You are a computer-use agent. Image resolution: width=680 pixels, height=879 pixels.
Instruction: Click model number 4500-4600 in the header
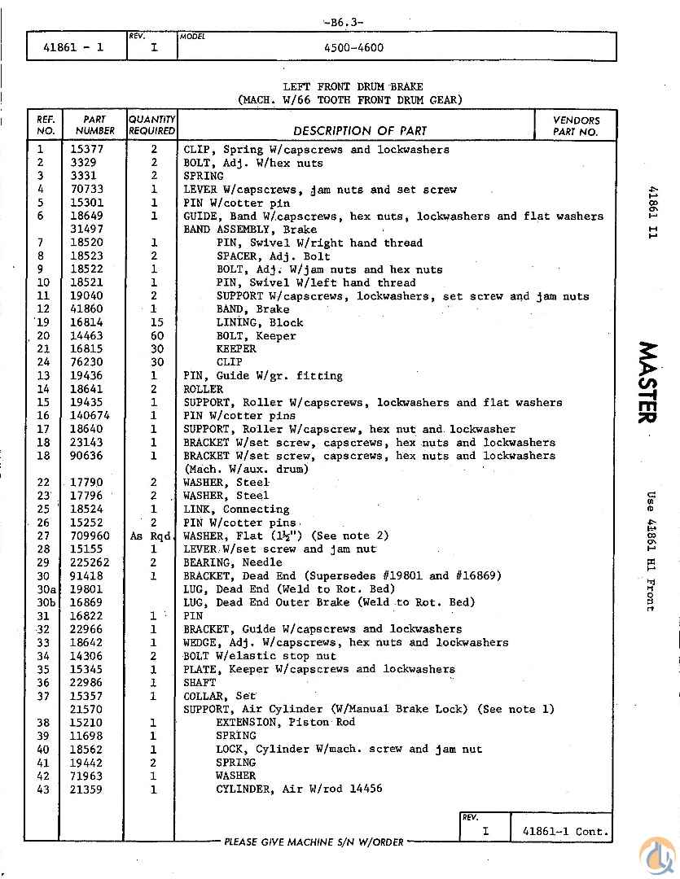point(353,47)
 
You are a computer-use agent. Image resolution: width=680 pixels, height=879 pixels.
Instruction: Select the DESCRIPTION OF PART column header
point(360,130)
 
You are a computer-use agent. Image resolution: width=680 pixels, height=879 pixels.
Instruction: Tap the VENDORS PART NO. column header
point(577,125)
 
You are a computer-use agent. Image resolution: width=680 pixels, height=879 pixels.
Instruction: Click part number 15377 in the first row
point(86,150)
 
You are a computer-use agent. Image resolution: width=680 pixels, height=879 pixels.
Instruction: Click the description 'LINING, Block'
point(259,322)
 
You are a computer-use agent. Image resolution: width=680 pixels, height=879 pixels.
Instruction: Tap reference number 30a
point(46,588)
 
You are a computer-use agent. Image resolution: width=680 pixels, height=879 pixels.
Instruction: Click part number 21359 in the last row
point(86,789)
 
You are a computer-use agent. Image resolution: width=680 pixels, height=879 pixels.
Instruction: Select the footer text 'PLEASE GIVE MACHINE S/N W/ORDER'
point(314,842)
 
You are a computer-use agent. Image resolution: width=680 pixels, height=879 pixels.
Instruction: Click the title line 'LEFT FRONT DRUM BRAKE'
point(353,87)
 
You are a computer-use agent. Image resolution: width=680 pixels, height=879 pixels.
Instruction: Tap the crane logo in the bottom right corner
point(656,855)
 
